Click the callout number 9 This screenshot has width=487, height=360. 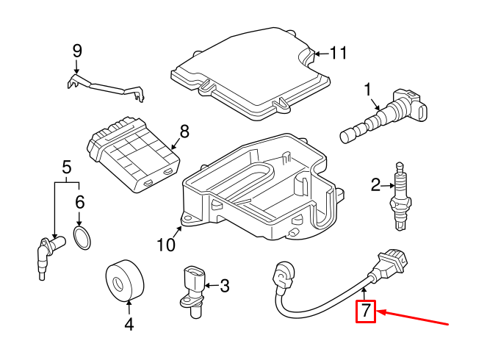tap(77, 51)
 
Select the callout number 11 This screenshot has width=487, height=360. tap(337, 53)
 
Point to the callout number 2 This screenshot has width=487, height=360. tap(375, 185)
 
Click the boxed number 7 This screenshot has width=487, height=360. tap(366, 312)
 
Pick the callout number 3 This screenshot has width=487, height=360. tap(225, 284)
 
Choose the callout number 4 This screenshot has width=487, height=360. tap(129, 323)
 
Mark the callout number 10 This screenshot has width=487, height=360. tap(166, 243)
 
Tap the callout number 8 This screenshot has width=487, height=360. tap(184, 132)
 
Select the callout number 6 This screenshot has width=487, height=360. tap(80, 201)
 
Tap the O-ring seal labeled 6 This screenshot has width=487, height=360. tap(83, 238)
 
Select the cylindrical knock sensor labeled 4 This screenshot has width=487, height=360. tap(122, 281)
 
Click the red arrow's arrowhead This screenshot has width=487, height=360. tap(380, 313)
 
